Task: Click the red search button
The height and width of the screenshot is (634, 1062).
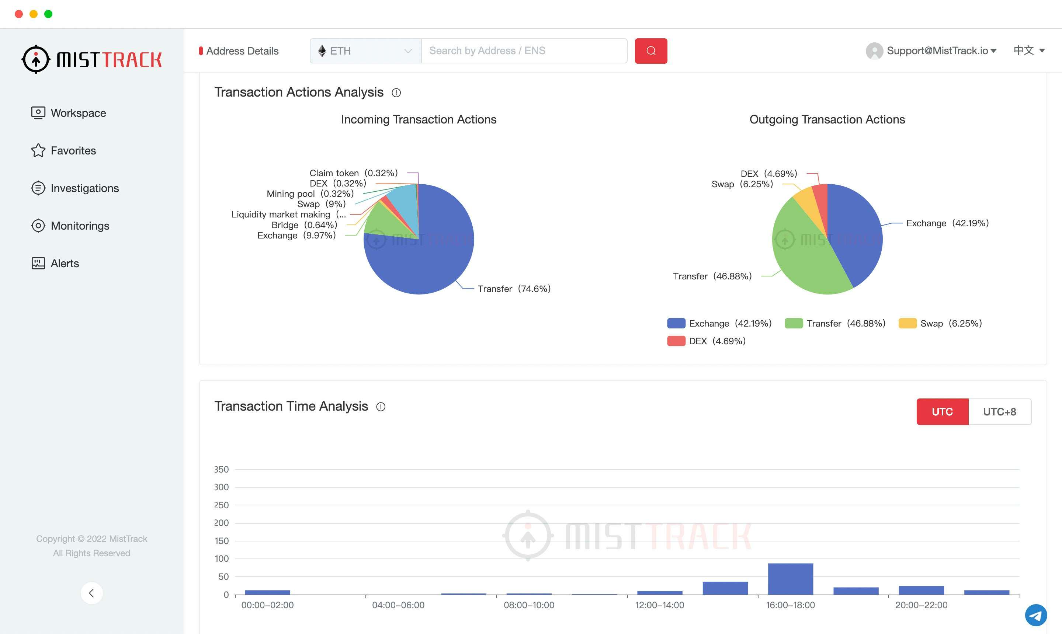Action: (x=650, y=51)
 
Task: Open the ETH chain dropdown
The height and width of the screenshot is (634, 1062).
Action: (x=365, y=51)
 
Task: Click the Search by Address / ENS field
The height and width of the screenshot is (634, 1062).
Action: (x=524, y=51)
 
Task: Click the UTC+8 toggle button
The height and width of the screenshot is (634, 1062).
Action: (x=999, y=411)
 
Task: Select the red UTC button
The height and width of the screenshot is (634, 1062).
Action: (x=942, y=411)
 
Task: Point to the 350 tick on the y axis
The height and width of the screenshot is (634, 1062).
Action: (x=221, y=469)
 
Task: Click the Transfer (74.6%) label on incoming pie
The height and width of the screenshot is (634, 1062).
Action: (x=514, y=289)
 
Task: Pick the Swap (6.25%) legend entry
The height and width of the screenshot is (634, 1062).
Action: (x=940, y=323)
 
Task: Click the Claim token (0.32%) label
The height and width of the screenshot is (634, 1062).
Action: (x=353, y=173)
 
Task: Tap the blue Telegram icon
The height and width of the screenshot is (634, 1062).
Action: (x=1035, y=615)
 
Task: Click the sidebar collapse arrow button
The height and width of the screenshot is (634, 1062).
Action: (x=91, y=593)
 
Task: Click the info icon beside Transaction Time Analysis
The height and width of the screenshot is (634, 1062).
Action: (x=380, y=407)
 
